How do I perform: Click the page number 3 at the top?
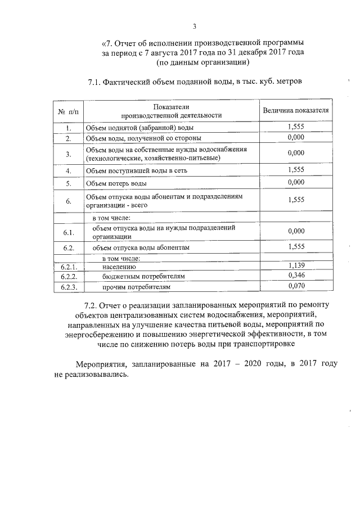pos(194,26)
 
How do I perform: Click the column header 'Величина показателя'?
pos(296,111)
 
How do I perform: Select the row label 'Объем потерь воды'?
pos(117,183)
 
